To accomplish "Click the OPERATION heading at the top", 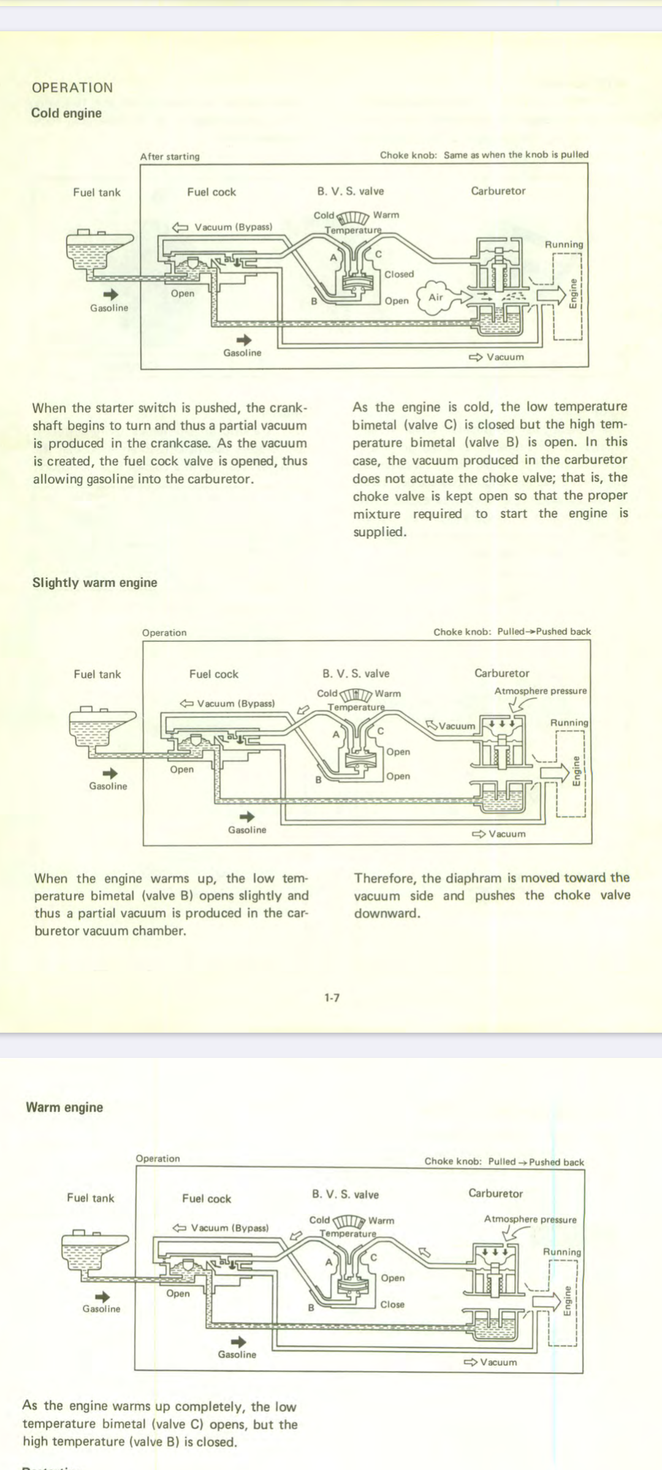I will (72, 88).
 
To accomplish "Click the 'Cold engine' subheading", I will (66, 113).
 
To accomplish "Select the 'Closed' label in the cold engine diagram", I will (399, 274).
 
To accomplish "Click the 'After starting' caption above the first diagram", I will (170, 157).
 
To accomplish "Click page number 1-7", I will (332, 998).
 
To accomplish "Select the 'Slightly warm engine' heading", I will (94, 582).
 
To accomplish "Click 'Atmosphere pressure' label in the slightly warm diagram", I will (540, 691).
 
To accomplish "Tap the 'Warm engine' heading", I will (64, 1107).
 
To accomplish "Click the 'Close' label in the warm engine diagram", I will (392, 1305).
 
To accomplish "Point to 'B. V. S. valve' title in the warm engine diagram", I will (345, 1194).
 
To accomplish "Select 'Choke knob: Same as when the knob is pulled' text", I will (484, 155).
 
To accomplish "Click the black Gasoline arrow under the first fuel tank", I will (110, 295).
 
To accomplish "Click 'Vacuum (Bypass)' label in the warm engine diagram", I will (229, 1227).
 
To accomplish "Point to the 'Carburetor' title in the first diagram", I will (498, 191).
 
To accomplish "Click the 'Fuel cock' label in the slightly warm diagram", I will (213, 674).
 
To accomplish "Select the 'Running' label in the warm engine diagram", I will (561, 1252).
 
